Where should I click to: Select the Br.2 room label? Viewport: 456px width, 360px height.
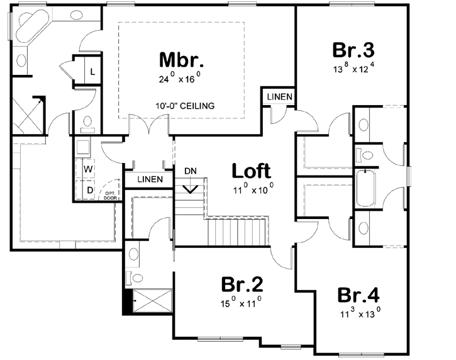pyautogui.click(x=242, y=284)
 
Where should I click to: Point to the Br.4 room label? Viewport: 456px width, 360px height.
pyautogui.click(x=359, y=295)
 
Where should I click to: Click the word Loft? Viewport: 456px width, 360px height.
pyautogui.click(x=251, y=171)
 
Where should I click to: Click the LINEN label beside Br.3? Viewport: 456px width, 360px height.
pyautogui.click(x=277, y=96)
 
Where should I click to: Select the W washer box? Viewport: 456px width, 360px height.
pyautogui.click(x=89, y=170)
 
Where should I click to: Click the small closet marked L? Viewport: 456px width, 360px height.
pyautogui.click(x=92, y=71)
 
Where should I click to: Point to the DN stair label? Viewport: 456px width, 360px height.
pyautogui.click(x=191, y=171)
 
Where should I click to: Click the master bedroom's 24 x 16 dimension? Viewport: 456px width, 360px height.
pyautogui.click(x=180, y=80)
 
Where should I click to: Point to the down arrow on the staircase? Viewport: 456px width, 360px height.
pyautogui.click(x=191, y=187)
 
